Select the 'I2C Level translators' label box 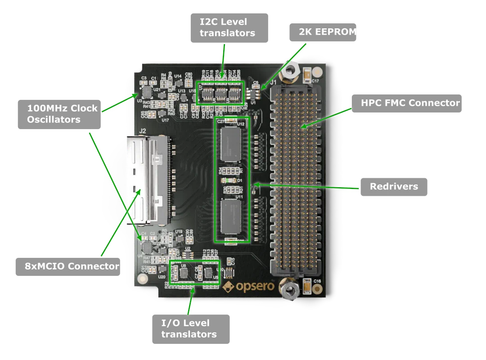tap(228, 27)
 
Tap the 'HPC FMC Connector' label tap(409, 103)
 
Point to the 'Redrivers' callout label tap(394, 186)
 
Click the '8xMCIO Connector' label tap(72, 266)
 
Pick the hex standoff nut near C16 tap(291, 290)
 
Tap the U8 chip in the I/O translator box tap(184, 273)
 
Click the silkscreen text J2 tap(143, 131)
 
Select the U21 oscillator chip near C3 tap(147, 92)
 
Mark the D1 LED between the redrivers tap(227, 180)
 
